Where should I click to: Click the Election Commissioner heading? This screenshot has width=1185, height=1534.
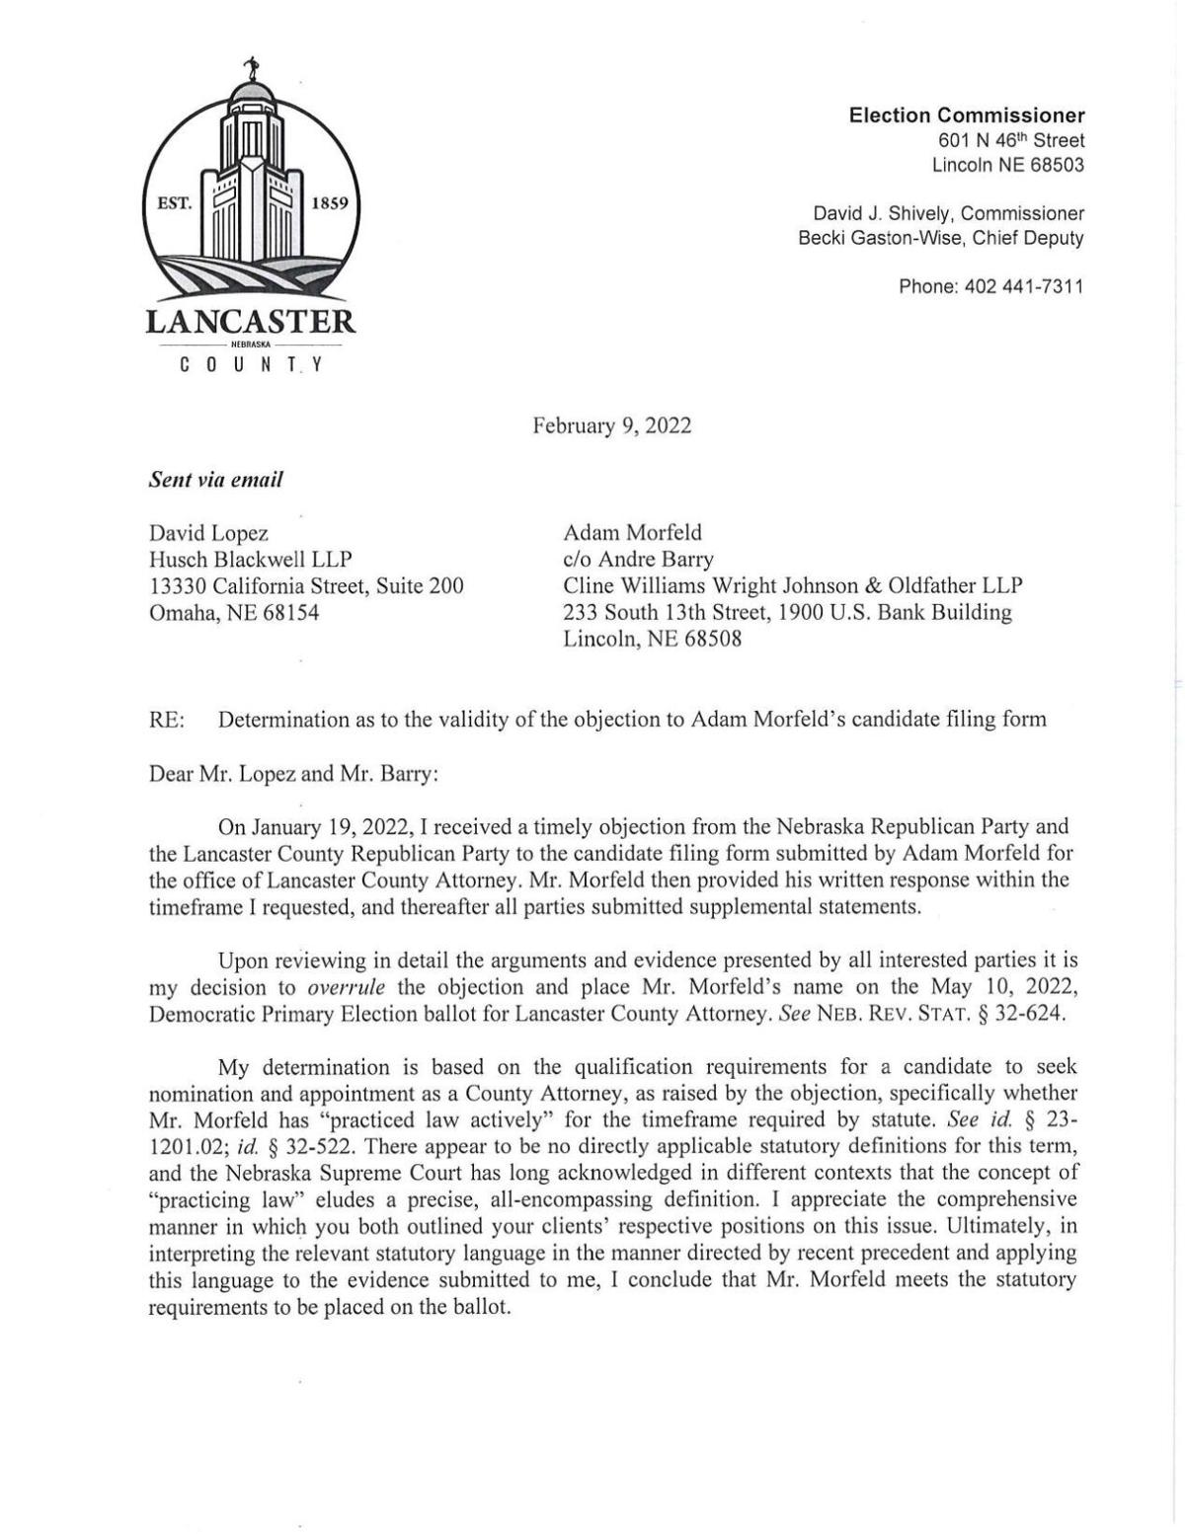click(967, 115)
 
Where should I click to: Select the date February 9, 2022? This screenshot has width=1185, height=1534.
click(612, 425)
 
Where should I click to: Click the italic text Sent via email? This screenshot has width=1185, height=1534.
click(215, 480)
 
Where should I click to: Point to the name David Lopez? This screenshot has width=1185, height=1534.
click(207, 533)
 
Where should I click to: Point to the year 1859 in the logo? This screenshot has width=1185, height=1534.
click(328, 204)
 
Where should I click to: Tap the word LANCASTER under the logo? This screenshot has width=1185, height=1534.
click(251, 321)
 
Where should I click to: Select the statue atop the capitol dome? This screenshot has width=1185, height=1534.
click(252, 71)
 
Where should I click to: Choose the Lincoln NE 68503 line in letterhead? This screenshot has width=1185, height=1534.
click(1007, 165)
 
